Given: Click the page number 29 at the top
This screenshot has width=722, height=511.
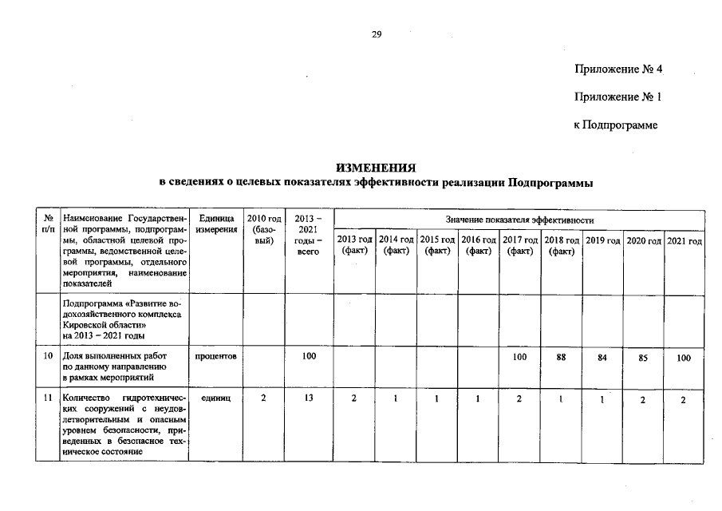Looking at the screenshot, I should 377,34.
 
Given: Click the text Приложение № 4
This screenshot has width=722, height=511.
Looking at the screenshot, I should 618,69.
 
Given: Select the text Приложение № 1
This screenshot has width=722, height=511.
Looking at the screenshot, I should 618,97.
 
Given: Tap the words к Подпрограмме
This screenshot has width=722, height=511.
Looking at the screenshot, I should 615,125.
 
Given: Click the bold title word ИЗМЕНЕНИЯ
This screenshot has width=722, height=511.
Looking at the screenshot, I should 377,168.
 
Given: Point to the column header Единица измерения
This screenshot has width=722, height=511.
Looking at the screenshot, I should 216,224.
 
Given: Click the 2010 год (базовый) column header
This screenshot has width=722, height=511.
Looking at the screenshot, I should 264,229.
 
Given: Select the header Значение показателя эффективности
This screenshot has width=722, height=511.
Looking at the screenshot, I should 519,219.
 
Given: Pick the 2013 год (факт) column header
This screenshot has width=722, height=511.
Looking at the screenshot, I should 354,245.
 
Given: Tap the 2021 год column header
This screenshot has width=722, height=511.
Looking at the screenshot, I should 684,240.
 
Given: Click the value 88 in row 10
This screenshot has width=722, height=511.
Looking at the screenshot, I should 561,358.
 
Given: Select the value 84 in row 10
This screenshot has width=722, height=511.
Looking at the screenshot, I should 602,358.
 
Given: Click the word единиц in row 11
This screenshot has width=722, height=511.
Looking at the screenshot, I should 215,398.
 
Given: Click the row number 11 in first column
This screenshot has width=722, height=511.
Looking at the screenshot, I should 48,398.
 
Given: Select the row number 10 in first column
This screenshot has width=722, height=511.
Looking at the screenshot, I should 48,357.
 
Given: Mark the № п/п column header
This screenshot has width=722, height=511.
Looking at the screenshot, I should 48,224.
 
